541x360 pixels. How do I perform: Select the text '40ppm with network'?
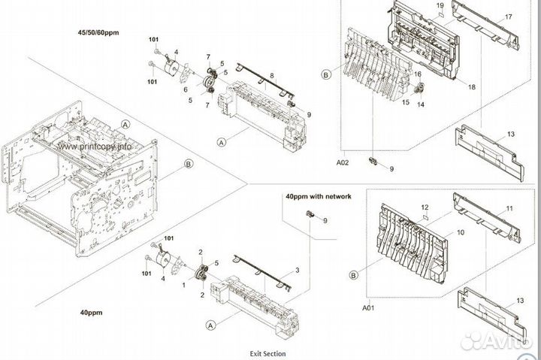click(318, 196)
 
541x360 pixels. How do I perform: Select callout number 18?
click(472, 88)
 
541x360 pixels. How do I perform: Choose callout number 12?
click(425, 207)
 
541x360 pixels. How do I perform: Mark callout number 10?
click(461, 234)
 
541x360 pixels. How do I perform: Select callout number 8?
click(271, 76)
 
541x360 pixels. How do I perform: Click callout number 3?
click(298, 269)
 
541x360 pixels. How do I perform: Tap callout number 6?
click(184, 89)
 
